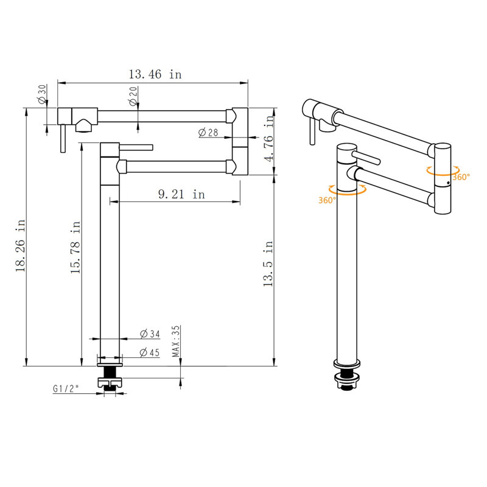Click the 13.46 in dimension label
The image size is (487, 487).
click(155, 74)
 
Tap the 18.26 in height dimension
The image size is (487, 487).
click(21, 245)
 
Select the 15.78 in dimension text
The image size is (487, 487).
click(75, 247)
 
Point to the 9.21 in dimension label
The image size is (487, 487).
click(181, 194)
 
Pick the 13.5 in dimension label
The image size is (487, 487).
click(268, 264)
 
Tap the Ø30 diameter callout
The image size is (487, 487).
click(42, 94)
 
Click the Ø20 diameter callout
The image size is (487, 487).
click(133, 96)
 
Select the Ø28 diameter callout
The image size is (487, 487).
click(208, 133)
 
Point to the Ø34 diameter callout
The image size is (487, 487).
click(150, 334)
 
